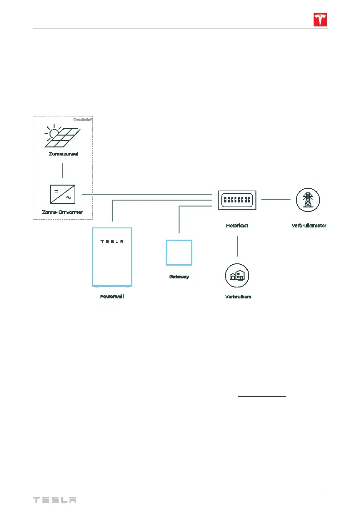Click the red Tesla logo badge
click(320, 20)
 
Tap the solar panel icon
click(63, 136)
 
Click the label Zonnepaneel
click(64, 154)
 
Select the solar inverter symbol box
click(62, 194)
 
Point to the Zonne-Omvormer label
click(63, 212)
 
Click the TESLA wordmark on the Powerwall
click(112, 242)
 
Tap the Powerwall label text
click(112, 297)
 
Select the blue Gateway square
click(179, 252)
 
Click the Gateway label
click(179, 277)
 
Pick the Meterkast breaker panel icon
click(237, 200)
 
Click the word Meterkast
click(237, 226)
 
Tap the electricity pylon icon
click(308, 200)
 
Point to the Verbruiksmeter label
click(309, 226)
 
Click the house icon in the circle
click(238, 275)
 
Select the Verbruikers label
click(238, 297)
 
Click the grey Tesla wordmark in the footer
click(54, 500)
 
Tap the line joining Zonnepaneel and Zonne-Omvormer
click(62, 170)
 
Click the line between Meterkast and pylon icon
click(276, 200)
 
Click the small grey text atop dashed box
click(83, 120)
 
